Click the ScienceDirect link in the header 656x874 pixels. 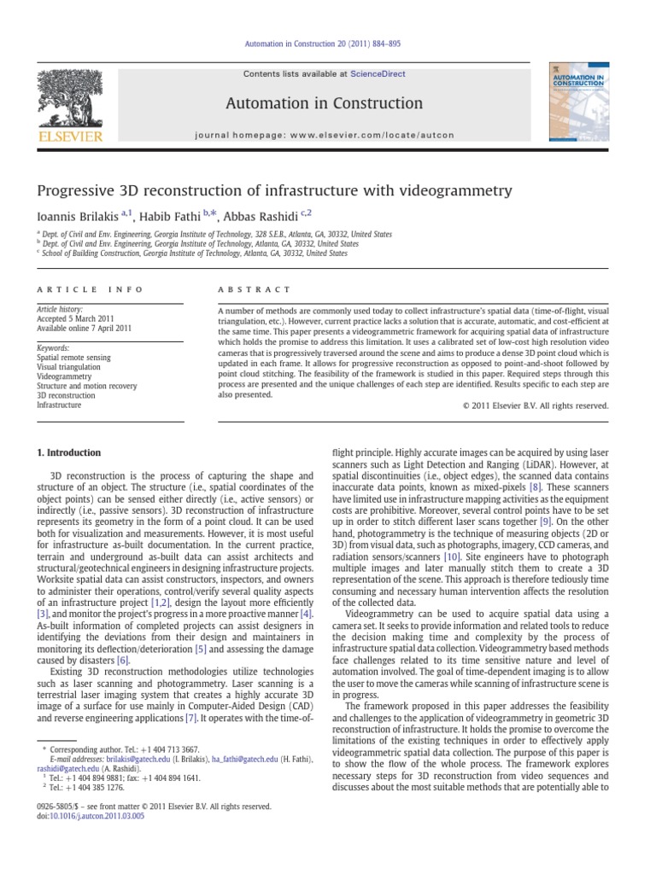tap(372, 75)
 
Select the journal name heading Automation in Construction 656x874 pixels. tap(324, 104)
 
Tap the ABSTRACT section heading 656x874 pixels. tap(255, 290)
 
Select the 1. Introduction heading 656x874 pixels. tap(70, 452)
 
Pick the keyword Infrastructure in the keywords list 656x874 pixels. tap(59, 405)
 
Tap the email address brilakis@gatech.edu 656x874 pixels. tap(130, 759)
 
